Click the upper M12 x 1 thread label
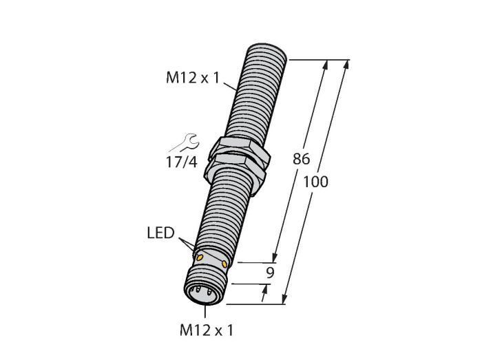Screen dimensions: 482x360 coord(193,77)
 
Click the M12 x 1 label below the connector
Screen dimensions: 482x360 coord(207,330)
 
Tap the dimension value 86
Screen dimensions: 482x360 coord(302,159)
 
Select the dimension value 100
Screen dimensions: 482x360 coord(315,182)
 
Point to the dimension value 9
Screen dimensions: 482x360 coord(270,273)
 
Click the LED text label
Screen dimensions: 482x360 coord(160,233)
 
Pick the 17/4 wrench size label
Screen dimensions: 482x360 coord(181,162)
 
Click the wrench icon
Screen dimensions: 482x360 coord(185,143)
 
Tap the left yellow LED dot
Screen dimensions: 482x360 coord(200,257)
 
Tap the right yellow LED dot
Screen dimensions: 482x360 coord(224,264)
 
